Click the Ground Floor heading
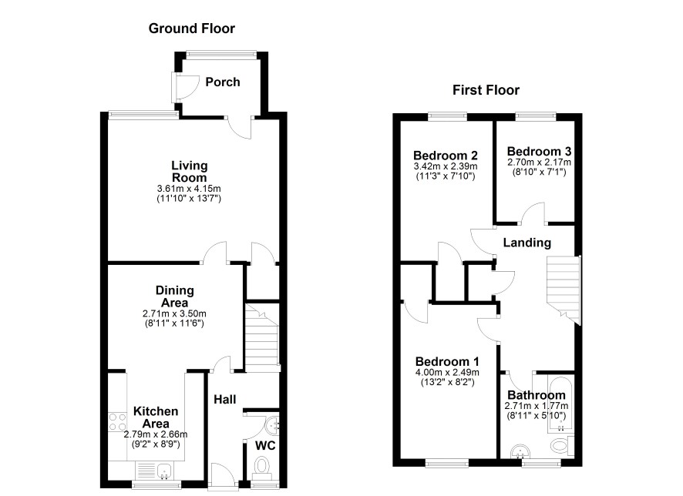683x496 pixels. click(192, 28)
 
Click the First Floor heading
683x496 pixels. click(486, 90)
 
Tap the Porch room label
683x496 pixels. click(223, 82)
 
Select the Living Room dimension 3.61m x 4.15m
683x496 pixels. click(189, 189)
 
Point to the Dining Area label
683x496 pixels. click(175, 297)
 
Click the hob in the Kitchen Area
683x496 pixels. click(117, 421)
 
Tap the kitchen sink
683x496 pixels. click(165, 471)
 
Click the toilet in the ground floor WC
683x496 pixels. click(261, 468)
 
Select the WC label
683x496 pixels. click(265, 445)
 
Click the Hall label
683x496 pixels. click(225, 400)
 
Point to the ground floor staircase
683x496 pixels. click(262, 337)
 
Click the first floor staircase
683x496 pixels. click(564, 290)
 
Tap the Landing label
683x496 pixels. click(527, 243)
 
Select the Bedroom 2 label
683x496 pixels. click(445, 156)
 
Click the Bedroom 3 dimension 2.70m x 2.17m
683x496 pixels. click(539, 163)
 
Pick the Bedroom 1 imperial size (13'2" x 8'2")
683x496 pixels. click(447, 383)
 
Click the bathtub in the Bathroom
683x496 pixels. click(561, 404)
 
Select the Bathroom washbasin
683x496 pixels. click(520, 451)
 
